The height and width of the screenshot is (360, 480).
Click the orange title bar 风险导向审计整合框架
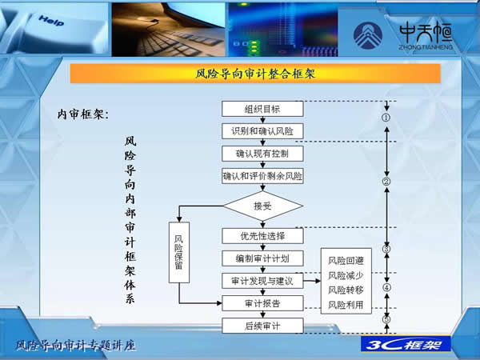[x=255, y=74]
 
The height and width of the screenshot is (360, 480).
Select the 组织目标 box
[x=262, y=109]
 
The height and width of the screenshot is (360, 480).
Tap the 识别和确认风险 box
[x=262, y=130]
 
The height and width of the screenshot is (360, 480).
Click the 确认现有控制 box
[x=262, y=153]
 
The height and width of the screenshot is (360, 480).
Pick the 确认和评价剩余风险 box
[x=262, y=175]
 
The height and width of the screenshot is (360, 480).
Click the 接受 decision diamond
[x=262, y=206]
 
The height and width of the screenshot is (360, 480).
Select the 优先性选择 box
[x=262, y=236]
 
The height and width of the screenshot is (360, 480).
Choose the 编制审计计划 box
[x=262, y=258]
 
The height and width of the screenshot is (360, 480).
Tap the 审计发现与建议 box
[x=262, y=281]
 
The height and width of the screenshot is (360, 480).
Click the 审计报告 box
[x=262, y=303]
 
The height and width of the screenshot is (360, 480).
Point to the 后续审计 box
[x=262, y=326]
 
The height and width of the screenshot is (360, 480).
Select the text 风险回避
[x=346, y=261]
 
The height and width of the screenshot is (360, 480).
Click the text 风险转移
[x=346, y=290]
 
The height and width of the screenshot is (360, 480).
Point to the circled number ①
[x=386, y=118]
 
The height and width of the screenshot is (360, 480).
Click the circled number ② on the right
[x=386, y=182]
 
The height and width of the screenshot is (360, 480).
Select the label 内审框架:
[x=83, y=114]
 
